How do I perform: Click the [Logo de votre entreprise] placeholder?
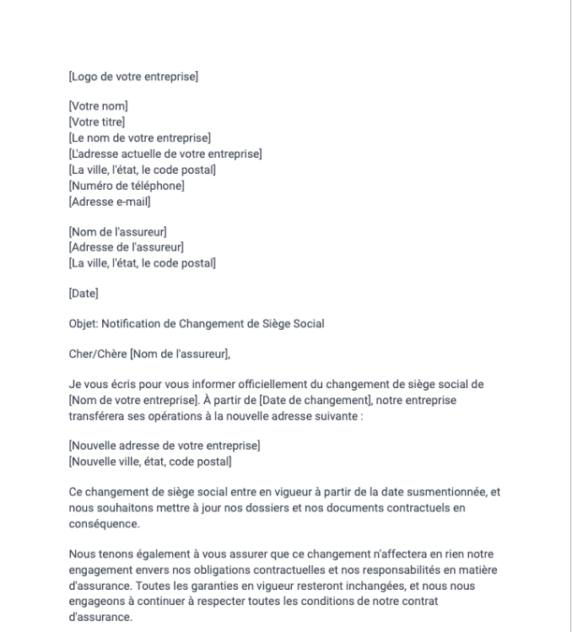(132, 78)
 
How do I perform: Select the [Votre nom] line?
(97, 106)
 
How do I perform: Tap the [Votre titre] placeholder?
(96, 122)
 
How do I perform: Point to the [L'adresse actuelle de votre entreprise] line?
(165, 154)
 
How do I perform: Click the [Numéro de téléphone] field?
(126, 186)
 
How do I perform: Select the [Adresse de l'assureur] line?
(126, 247)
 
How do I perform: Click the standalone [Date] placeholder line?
(83, 294)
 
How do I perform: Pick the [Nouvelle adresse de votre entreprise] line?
(164, 446)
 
